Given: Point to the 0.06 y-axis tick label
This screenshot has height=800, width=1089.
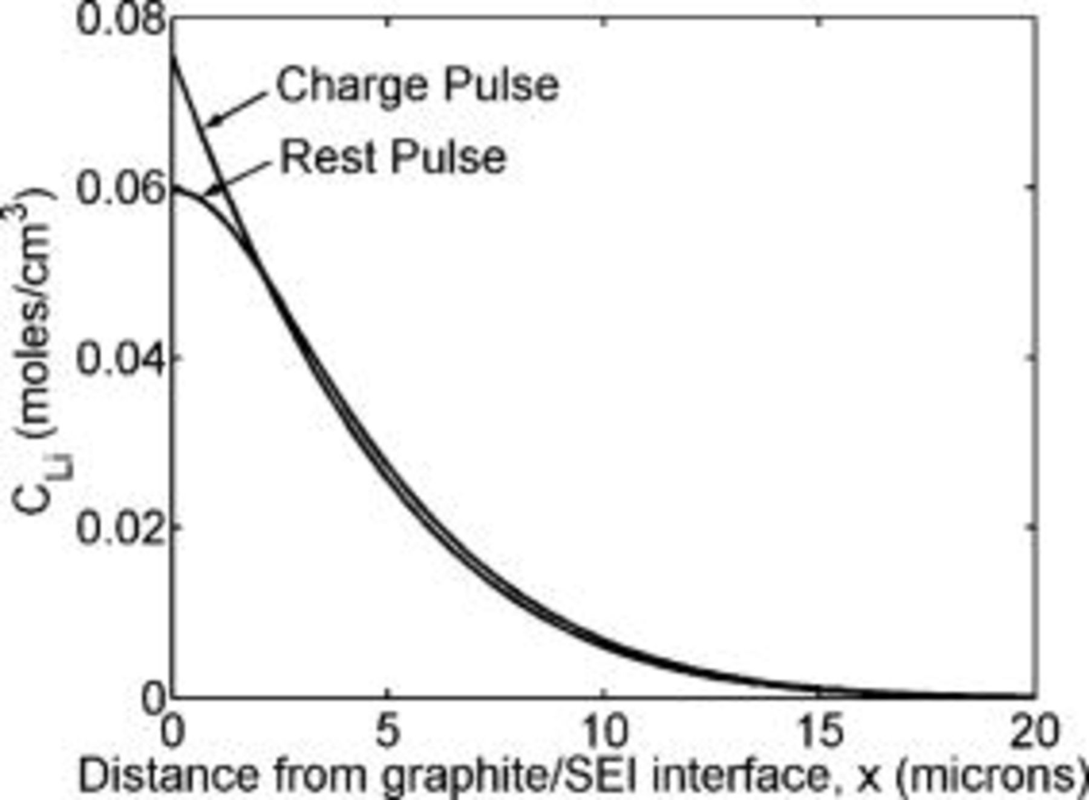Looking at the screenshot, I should pyautogui.click(x=121, y=189).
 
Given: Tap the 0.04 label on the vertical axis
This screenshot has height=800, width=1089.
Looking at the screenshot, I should pyautogui.click(x=121, y=358).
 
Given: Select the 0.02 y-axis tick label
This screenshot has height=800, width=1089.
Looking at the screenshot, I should pyautogui.click(x=121, y=527).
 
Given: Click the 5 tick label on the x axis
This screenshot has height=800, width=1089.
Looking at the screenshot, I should pyautogui.click(x=388, y=730).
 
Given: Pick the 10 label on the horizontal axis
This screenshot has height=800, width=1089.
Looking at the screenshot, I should pyautogui.click(x=604, y=730).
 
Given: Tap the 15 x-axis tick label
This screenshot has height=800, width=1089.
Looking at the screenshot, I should pyautogui.click(x=820, y=730).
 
